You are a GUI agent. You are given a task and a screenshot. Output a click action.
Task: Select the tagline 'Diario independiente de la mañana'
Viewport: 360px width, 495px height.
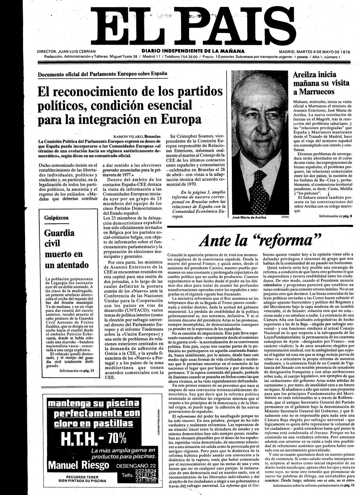pyautogui.click(x=193, y=51)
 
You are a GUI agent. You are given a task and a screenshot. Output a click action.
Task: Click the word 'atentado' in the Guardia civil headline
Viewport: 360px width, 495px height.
pyautogui.click(x=67, y=265)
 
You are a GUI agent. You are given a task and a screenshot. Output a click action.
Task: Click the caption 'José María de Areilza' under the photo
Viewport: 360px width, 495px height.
pyautogui.click(x=249, y=217)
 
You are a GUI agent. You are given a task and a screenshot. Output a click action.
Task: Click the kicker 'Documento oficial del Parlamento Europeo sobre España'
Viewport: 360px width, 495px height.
pyautogui.click(x=102, y=73)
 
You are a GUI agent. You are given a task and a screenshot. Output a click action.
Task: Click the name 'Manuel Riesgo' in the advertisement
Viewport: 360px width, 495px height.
pyautogui.click(x=79, y=465)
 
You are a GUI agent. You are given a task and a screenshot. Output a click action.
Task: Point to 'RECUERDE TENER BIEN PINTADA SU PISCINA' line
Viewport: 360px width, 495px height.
pyautogui.click(x=77, y=480)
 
